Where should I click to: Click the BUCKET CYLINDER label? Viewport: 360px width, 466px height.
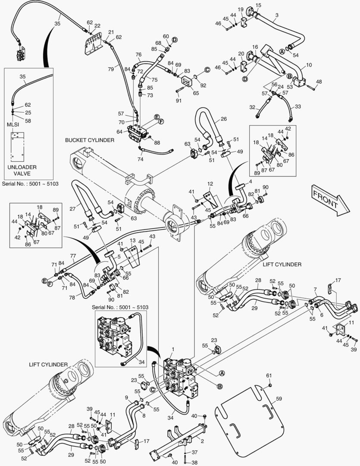pos(90,140)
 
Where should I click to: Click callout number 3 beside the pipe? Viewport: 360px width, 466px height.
pos(276,15)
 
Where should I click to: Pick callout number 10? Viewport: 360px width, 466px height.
pos(309,66)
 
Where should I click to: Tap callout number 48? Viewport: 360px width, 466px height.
pos(319,82)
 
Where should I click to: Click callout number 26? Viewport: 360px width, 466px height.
pos(224,119)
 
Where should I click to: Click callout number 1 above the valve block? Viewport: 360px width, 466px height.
pos(173,349)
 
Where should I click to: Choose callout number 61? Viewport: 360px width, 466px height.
pos(269,375)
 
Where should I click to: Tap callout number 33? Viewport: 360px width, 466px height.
pos(298,107)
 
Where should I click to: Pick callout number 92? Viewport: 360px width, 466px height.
pos(203,85)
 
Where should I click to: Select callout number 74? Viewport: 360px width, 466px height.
pos(140,159)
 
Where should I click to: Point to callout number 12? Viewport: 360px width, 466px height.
pos(210,184)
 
